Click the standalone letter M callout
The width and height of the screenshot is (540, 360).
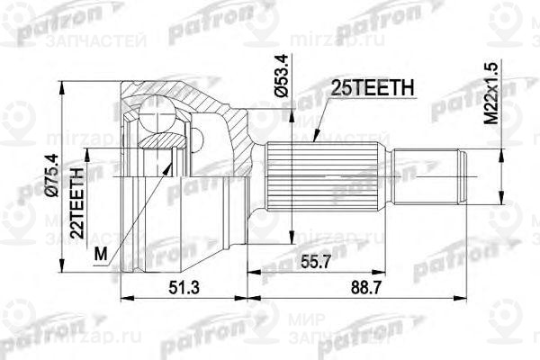click(98, 255)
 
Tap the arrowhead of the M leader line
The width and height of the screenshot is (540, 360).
click(171, 166)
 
